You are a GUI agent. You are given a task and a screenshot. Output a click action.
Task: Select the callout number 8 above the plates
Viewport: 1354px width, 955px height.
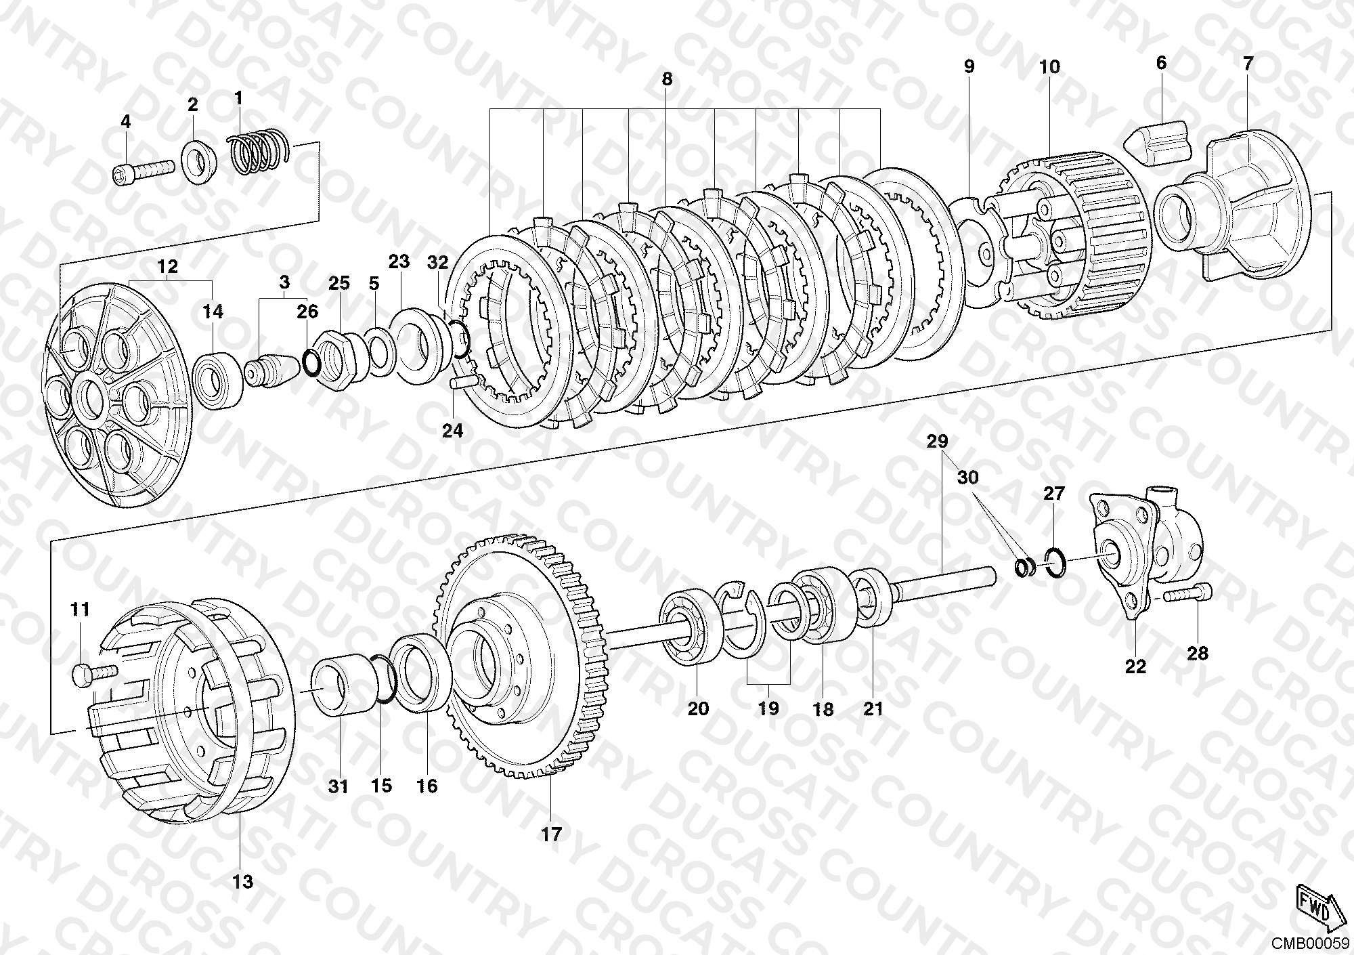coord(667,79)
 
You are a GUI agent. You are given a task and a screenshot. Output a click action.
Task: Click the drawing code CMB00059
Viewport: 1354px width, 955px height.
coord(1308,942)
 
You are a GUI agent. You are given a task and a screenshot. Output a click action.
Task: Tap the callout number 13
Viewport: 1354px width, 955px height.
coord(242,881)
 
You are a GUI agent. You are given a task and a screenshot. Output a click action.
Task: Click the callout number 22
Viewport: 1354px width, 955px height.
coord(1135,666)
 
